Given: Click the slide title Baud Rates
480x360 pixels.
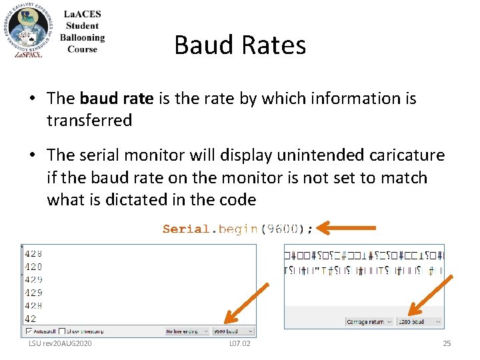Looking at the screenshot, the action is click(240, 45).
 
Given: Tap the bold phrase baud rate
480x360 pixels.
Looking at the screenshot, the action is click(117, 99).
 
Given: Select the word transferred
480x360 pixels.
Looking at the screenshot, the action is click(89, 121).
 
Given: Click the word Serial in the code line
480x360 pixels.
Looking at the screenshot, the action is click(186, 229).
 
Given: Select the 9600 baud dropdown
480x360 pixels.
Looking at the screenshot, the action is click(233, 331).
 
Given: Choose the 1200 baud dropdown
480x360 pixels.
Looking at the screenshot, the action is click(419, 321).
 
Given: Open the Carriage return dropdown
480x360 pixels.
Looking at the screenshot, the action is click(368, 321).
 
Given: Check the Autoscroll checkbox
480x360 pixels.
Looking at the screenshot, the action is click(29, 331).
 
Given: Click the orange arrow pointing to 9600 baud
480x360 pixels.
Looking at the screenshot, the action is click(247, 303).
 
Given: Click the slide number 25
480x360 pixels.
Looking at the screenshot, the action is click(447, 343).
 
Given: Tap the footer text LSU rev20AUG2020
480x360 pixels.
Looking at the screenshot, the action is click(60, 343).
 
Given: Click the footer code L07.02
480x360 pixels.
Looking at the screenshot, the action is click(239, 343).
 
